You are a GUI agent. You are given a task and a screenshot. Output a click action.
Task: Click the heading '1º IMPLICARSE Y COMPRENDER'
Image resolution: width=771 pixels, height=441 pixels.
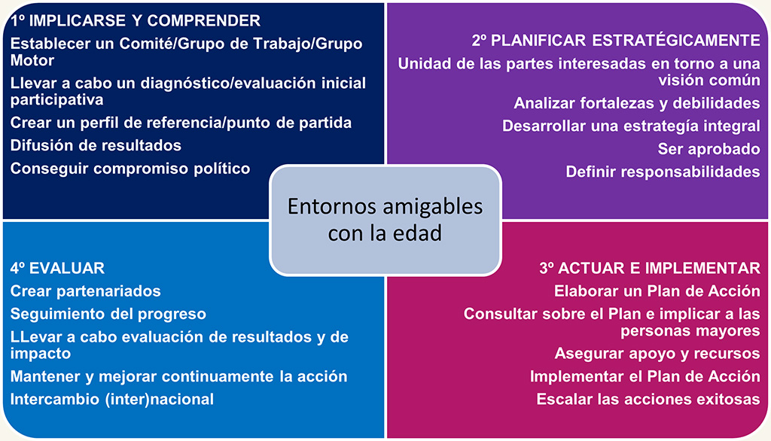pos(136,20)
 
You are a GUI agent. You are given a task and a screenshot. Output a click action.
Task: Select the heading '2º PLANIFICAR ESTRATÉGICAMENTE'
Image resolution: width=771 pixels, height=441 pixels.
pos(616,41)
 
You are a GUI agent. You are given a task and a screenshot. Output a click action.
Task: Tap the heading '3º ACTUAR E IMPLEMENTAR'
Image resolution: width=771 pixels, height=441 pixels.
pos(650,268)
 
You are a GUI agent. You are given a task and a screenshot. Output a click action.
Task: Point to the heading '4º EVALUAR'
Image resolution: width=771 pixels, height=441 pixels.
pos(57,268)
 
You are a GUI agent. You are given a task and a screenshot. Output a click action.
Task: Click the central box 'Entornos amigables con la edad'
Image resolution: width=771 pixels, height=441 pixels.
pos(385,220)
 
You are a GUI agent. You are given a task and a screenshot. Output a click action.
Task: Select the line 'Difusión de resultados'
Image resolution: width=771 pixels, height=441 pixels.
pos(96,145)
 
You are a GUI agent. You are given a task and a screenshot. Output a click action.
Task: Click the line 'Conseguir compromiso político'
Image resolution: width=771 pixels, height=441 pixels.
pos(130,169)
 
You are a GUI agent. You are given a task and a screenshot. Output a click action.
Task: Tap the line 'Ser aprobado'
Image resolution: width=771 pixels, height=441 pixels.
pos(709,149)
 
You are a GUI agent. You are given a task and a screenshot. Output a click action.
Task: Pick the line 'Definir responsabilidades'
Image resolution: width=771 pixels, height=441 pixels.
pos(663,172)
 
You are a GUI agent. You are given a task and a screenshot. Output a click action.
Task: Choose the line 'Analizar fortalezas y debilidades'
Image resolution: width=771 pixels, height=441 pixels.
pos(637,103)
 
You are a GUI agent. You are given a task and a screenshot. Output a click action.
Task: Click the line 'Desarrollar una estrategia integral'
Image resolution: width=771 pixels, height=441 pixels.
pos(631,126)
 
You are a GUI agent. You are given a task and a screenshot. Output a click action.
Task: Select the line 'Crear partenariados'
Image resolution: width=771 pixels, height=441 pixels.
pos(86,291)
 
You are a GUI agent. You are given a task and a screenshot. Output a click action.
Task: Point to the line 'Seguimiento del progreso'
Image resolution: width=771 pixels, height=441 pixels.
pos(108,314)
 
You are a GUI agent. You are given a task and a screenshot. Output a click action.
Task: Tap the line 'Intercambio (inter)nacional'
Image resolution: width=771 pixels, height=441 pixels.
pos(112,399)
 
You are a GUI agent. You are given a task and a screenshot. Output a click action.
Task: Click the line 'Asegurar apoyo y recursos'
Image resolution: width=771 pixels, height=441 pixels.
pos(657,354)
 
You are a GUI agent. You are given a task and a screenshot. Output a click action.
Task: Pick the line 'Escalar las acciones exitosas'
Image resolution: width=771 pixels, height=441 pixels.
pos(648,399)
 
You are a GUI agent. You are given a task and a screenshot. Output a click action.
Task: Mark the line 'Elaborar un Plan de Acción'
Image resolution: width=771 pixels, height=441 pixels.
pos(657,291)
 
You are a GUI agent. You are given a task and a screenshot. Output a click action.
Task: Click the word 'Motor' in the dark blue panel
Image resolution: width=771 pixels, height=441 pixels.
pos(32,60)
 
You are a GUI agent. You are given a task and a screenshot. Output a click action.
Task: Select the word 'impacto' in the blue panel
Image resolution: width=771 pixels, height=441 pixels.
pos(41,354)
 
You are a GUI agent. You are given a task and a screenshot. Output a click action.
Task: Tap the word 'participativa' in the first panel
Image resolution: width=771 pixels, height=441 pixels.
pos(57,100)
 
